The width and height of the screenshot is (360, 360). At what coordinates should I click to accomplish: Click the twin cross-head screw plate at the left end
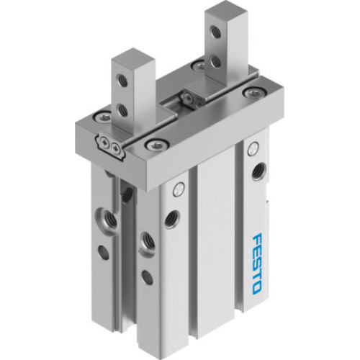pyautogui.click(x=112, y=146)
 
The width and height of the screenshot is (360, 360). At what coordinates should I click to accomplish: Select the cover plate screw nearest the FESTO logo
pyautogui.click(x=251, y=93)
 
